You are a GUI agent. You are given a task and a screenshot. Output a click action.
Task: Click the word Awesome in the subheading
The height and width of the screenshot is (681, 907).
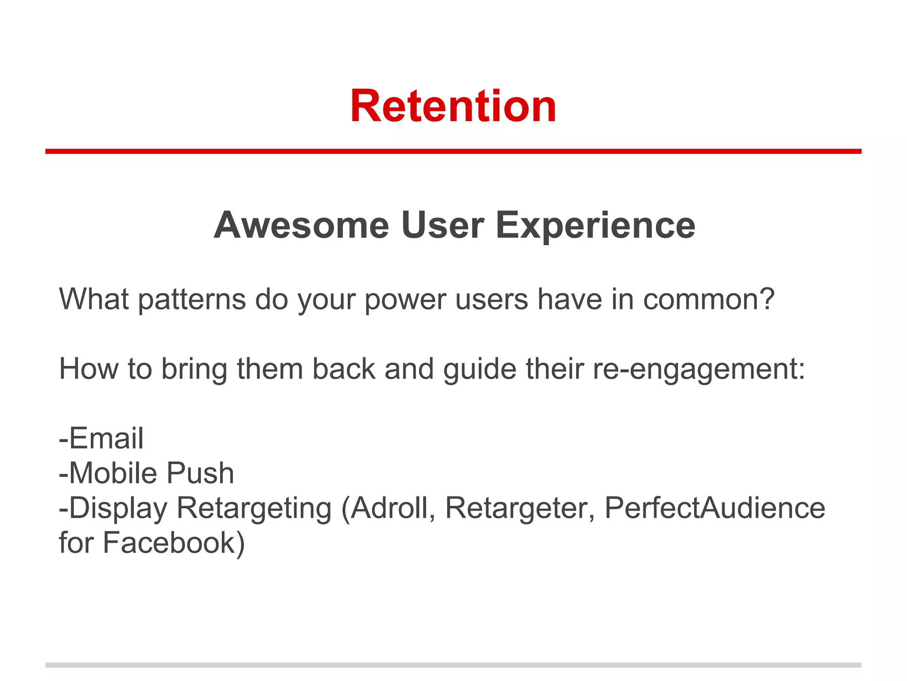pyautogui.click(x=301, y=225)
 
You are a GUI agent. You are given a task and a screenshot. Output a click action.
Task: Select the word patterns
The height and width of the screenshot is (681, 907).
pyautogui.click(x=192, y=300)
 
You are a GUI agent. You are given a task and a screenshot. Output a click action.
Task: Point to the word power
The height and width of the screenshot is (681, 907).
pyautogui.click(x=405, y=300)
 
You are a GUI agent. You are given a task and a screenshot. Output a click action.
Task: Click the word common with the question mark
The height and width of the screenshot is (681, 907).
pyautogui.click(x=709, y=299)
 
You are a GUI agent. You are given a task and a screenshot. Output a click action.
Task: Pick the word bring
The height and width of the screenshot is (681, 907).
pyautogui.click(x=194, y=370)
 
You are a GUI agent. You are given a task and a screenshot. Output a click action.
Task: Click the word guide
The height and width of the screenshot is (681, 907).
pyautogui.click(x=480, y=370)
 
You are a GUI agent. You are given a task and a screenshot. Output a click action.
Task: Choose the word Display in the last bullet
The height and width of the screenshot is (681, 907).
pyautogui.click(x=118, y=509)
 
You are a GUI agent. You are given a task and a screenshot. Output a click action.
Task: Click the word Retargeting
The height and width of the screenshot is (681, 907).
pyautogui.click(x=254, y=509)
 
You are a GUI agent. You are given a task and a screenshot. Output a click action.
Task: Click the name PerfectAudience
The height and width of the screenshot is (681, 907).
pyautogui.click(x=714, y=508)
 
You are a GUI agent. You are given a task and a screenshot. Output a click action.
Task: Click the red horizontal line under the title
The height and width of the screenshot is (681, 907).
pyautogui.click(x=453, y=152)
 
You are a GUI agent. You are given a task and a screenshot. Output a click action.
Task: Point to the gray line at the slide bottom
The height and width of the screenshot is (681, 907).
pyautogui.click(x=453, y=665)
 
